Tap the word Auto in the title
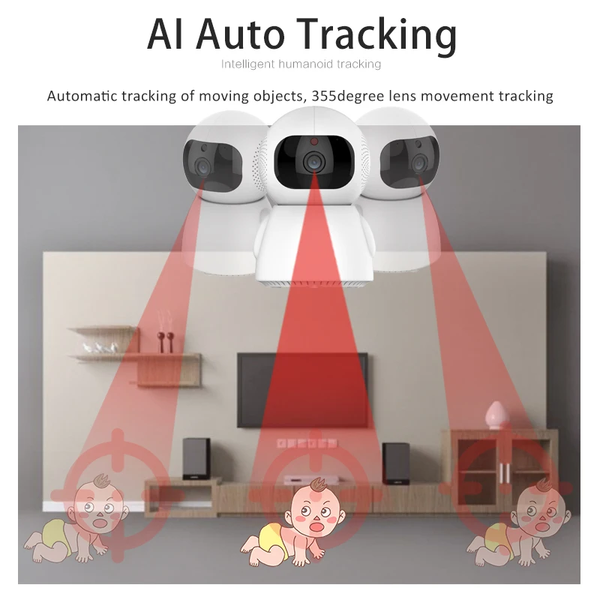[241, 34]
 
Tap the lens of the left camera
[202, 166]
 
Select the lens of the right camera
[418, 163]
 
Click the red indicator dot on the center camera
[314, 142]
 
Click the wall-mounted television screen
[302, 389]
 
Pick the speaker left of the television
[196, 458]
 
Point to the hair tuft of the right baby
[544, 484]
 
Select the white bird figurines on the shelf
[100, 346]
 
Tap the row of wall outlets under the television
[307, 443]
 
